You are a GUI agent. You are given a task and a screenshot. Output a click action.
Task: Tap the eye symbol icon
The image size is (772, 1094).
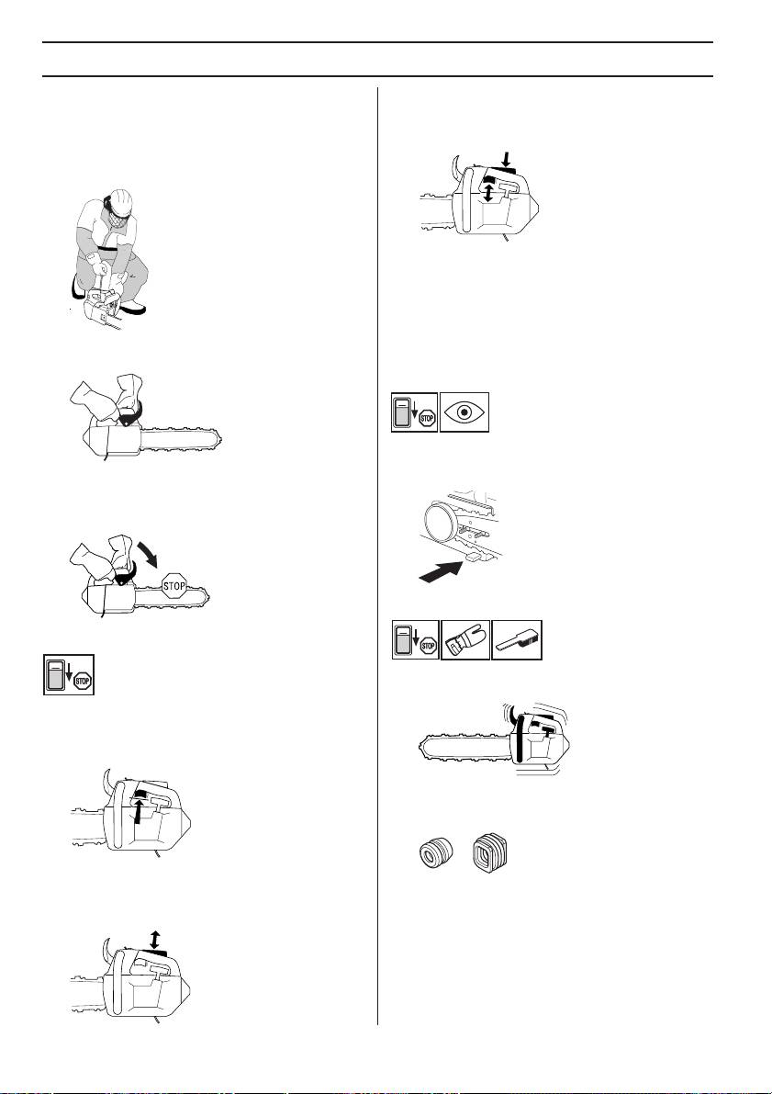tap(465, 412)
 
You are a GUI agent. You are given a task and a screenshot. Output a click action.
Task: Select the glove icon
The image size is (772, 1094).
tap(465, 639)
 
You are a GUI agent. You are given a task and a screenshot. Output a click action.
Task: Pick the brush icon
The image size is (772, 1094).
tap(517, 639)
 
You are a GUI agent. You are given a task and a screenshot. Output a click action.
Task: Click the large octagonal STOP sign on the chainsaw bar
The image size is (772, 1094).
tap(174, 586)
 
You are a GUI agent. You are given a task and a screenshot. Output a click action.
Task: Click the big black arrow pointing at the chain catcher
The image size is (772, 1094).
tap(442, 572)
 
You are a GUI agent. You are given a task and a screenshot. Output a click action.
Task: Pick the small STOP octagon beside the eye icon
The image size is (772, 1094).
tap(427, 419)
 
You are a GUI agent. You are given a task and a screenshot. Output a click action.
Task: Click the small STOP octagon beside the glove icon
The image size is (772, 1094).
tap(428, 646)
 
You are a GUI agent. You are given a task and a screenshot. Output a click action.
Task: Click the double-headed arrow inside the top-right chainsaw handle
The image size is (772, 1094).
tap(488, 193)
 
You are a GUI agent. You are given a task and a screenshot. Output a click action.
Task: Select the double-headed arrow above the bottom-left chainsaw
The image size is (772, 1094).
tap(154, 939)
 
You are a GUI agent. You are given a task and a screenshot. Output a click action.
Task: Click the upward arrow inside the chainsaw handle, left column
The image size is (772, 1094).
tap(139, 811)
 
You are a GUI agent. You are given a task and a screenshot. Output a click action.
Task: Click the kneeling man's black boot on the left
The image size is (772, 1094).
tap(74, 285)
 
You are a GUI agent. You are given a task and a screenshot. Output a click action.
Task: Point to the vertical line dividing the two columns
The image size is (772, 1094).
tap(378, 556)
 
